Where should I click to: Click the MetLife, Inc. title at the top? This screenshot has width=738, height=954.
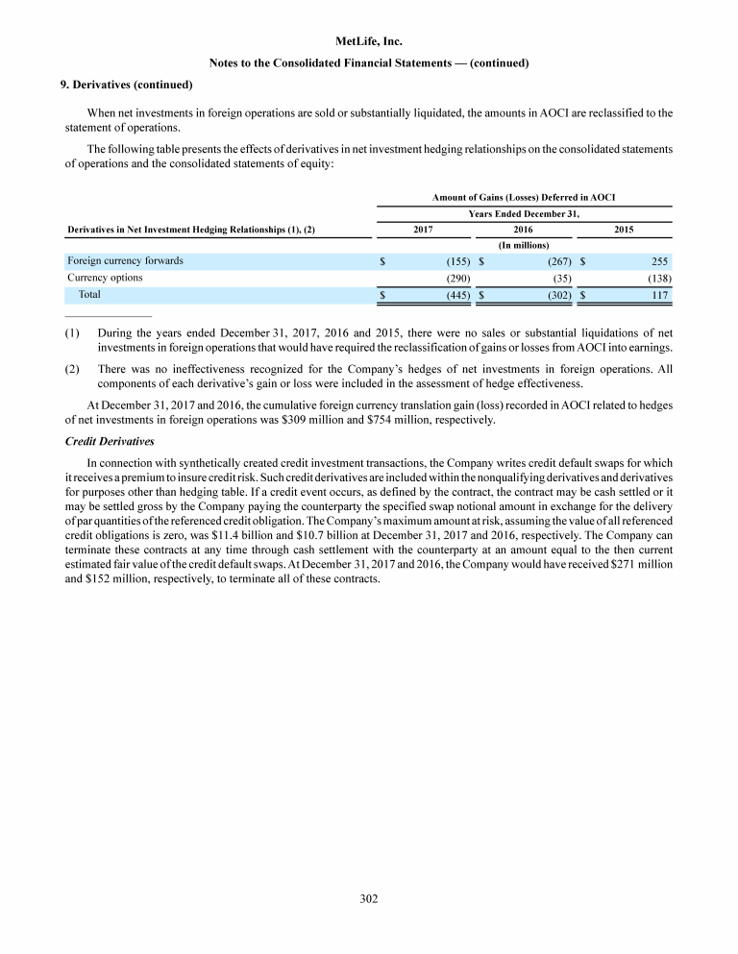point(369,42)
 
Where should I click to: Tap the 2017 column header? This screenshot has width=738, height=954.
point(423,230)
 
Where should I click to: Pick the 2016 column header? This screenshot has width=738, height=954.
point(525,230)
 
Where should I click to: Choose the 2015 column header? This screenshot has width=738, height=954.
point(624,230)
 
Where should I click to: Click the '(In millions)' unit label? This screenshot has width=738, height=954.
point(524,245)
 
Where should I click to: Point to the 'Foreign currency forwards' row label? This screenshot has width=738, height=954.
point(125,260)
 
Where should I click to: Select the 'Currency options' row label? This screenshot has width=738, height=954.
point(105,278)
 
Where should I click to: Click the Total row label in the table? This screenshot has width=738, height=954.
point(89,295)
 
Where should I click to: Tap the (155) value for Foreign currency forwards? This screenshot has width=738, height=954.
point(458,261)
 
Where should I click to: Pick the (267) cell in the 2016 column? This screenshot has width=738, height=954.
point(559,261)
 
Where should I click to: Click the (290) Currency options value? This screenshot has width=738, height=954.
point(458,279)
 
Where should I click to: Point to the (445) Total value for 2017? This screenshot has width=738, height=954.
point(458,296)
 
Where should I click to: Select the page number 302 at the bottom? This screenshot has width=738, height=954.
point(369,898)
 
